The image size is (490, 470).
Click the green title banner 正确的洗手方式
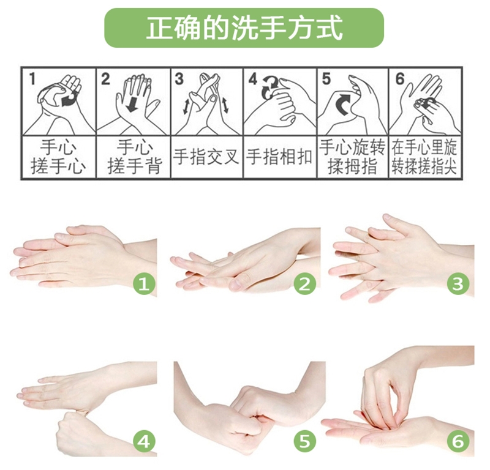pyautogui.click(x=244, y=28)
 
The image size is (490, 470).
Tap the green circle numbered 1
pyautogui.click(x=144, y=284)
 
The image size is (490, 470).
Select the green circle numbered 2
pyautogui.click(x=304, y=284)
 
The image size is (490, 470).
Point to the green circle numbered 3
pyautogui.click(x=458, y=284)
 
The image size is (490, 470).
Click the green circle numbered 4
pyautogui.click(x=144, y=442)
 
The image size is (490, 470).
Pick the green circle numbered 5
pyautogui.click(x=304, y=442)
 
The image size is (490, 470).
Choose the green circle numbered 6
pyautogui.click(x=458, y=442)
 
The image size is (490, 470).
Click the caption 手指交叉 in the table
pyautogui.click(x=206, y=157)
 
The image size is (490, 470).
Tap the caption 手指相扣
pyautogui.click(x=279, y=157)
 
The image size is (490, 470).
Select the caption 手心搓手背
pyautogui.click(x=134, y=157)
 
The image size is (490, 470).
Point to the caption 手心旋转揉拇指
pyautogui.click(x=352, y=157)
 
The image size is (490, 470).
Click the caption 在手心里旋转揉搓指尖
pyautogui.click(x=424, y=157)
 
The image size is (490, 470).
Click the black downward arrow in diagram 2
pyautogui.click(x=133, y=103)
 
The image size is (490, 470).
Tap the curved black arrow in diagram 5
pyautogui.click(x=343, y=103)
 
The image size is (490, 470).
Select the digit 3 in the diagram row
pyautogui.click(x=179, y=79)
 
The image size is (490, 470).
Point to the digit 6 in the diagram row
pyautogui.click(x=400, y=79)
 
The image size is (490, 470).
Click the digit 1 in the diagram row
pyautogui.click(x=32, y=79)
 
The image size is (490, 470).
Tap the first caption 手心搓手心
pyautogui.click(x=58, y=157)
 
